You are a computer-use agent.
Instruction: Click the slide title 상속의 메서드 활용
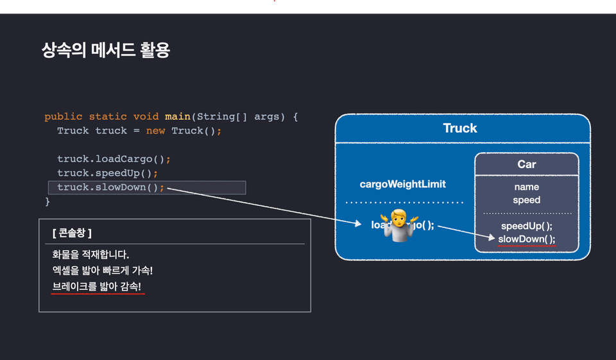tap(105, 50)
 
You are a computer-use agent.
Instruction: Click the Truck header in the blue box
tap(460, 128)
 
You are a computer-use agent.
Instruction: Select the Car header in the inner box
tap(526, 164)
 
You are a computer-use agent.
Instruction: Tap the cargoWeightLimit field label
tap(403, 184)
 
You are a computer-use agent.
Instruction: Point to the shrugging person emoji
tap(397, 225)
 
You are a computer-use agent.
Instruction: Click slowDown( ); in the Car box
tap(527, 239)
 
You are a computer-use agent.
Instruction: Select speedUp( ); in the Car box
tap(527, 226)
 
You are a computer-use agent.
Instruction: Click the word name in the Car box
tap(526, 187)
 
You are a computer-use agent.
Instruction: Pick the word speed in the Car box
tap(526, 200)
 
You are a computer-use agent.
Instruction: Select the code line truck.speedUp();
tap(107, 173)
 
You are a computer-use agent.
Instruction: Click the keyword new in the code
tap(155, 130)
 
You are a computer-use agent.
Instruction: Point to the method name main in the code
tap(177, 116)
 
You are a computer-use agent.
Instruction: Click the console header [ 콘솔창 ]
tap(75, 232)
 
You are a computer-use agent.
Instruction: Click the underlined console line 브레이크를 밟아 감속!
tap(98, 286)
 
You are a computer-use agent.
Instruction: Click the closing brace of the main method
tap(47, 201)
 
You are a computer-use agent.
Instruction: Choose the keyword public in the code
tap(64, 116)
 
